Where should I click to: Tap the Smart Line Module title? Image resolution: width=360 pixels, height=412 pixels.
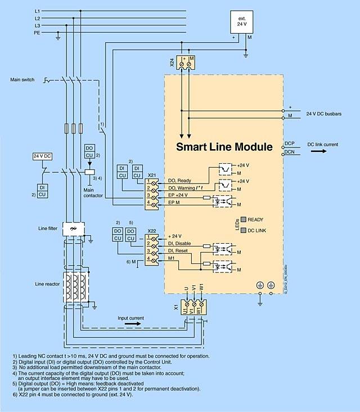pos(224,147)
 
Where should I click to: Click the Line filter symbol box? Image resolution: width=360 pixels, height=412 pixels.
pos(71,230)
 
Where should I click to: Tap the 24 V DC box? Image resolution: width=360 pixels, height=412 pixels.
pos(42,155)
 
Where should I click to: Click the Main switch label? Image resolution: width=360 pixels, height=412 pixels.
pos(22,80)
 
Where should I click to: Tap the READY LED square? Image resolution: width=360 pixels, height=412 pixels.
pos(243,220)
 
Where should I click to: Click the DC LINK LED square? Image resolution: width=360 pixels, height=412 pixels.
pos(243,230)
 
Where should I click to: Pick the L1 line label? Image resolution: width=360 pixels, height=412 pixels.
pos(38,11)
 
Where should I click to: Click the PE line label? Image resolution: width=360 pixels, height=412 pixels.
pos(38,33)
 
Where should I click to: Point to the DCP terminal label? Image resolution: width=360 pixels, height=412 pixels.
pos(290,144)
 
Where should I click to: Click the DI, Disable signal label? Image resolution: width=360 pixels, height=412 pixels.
pos(179,243)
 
